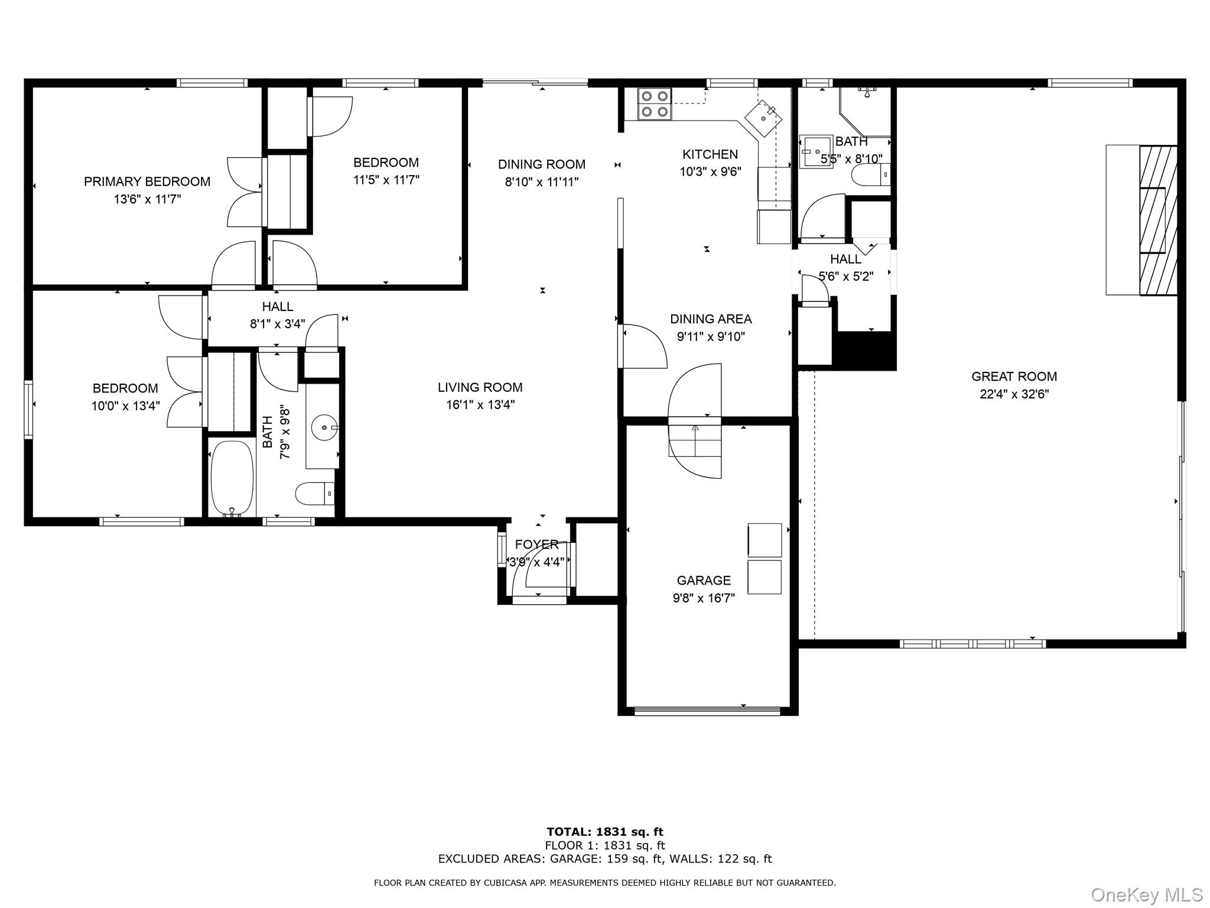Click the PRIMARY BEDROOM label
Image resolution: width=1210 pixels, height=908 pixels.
[x=147, y=181]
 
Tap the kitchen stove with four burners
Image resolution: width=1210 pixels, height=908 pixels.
[x=655, y=104]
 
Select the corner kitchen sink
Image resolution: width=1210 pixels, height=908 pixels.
[x=765, y=118]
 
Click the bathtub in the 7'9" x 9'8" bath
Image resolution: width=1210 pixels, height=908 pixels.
[x=232, y=478]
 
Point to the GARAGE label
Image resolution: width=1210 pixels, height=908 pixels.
[x=704, y=581]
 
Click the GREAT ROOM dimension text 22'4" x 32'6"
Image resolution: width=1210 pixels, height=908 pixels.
[x=1014, y=394]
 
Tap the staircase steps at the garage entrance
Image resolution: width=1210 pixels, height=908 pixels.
[x=695, y=440]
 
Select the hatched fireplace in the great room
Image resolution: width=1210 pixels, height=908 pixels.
[x=1157, y=220]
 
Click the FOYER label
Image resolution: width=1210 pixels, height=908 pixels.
[x=536, y=544]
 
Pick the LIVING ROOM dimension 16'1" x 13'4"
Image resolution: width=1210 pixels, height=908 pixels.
[x=480, y=405]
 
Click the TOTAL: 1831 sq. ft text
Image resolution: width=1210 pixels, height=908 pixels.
[x=604, y=832]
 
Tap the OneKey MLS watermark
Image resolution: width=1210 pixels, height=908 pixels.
[x=1146, y=894]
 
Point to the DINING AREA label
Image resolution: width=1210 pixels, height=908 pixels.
[x=711, y=319]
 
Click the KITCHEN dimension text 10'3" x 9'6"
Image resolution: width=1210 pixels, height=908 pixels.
[x=710, y=172]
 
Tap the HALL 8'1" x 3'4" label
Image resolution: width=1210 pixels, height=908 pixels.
[x=277, y=306]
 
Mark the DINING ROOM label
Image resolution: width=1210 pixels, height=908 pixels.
[x=541, y=164]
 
